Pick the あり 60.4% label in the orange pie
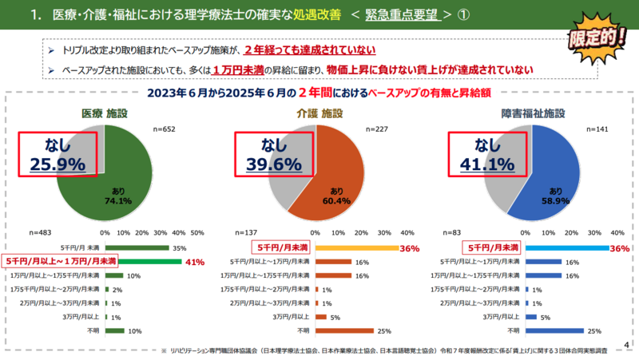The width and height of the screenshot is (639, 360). pyautogui.click(x=335, y=195)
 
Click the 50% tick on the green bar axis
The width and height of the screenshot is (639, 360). pyautogui.click(x=198, y=233)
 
